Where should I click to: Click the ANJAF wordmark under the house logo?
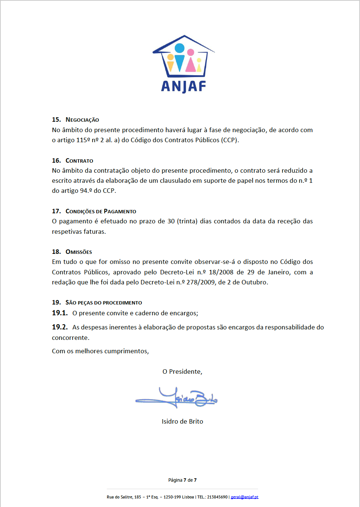183,86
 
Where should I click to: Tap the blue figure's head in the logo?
180,48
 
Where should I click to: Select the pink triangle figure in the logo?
191,64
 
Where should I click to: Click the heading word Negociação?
82,120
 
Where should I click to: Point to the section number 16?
56,160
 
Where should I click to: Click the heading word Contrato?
79,161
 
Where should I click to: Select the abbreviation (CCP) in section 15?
229,140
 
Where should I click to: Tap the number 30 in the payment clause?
171,221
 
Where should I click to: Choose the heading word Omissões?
78,252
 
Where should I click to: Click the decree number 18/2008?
221,272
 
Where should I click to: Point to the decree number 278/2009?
200,282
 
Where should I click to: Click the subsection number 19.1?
60,313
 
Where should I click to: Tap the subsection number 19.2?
60,327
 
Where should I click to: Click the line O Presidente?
182,372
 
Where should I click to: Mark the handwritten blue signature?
177,399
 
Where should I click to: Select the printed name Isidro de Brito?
182,421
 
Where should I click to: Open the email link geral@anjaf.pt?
244,497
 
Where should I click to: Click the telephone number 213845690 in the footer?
217,497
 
